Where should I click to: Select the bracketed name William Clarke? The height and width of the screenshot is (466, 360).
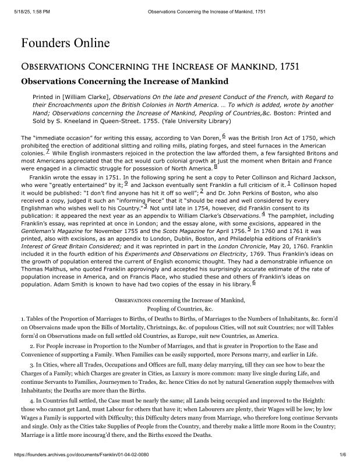(x=86, y=97)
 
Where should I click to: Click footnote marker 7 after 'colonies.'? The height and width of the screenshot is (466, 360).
(x=47, y=150)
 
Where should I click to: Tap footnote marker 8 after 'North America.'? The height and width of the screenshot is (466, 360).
(x=199, y=167)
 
